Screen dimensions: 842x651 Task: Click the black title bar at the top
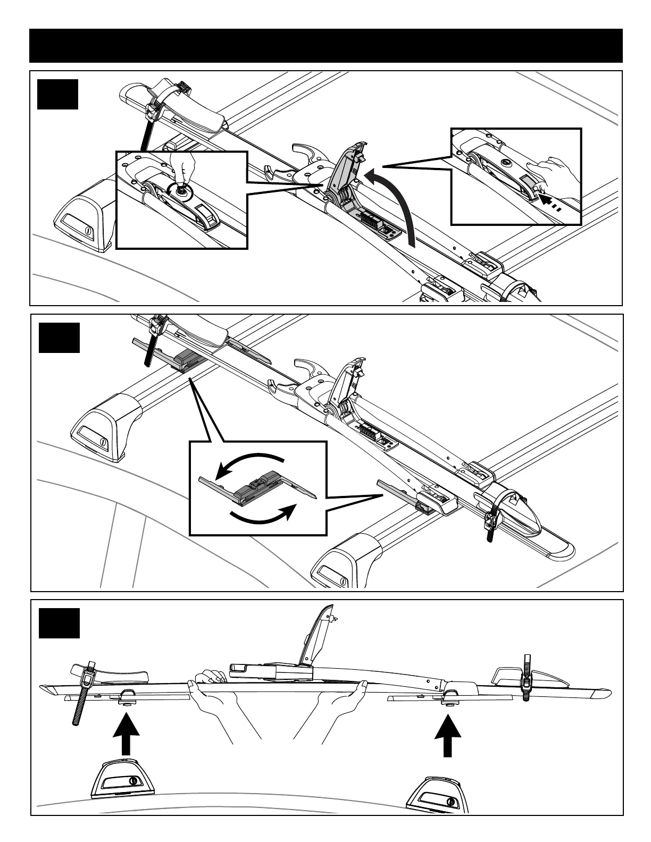coord(325,46)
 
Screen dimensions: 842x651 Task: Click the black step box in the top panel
coord(57,95)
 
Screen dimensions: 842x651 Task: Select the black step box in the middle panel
coord(59,338)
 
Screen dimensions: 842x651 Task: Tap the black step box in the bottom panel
coord(59,623)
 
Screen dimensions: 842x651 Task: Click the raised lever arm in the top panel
coord(348,165)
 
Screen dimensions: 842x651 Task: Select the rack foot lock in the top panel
coord(88,232)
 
